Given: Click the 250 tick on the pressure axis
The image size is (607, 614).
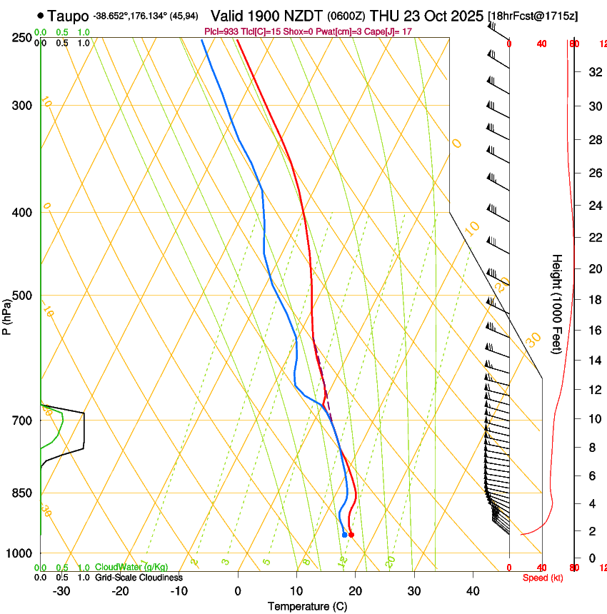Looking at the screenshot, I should pos(21,38).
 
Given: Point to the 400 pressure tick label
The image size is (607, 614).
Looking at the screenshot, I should pos(21,213).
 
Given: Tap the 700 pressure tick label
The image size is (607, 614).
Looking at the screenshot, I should pos(21,421).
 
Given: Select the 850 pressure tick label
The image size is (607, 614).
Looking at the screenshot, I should pos(21,493).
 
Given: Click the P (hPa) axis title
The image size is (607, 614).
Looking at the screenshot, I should pos(7,314).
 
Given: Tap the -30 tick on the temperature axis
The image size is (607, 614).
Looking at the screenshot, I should pos(61,590).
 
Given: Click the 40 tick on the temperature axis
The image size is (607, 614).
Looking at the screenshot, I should pos(473,590).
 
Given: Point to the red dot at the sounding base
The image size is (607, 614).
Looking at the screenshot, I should pos(351,535).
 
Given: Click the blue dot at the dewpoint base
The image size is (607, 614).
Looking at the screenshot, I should pos(344,535).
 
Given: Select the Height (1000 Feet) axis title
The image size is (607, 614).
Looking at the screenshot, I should pos(557,303).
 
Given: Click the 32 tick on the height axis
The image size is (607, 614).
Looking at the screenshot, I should pos(594,72).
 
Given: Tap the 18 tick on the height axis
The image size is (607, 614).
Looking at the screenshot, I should pos(594,300).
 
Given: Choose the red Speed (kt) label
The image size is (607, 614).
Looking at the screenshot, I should pos(542,578).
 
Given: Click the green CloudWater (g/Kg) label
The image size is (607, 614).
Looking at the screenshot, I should pos(131,568).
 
